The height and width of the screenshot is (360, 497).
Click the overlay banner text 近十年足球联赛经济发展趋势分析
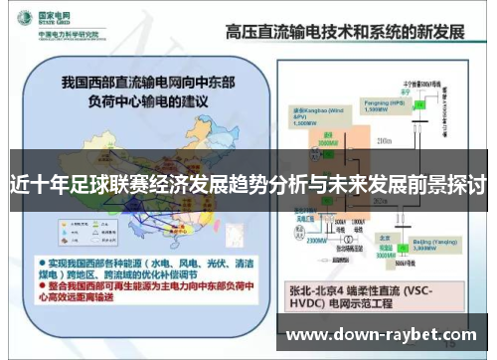click(248, 184)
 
